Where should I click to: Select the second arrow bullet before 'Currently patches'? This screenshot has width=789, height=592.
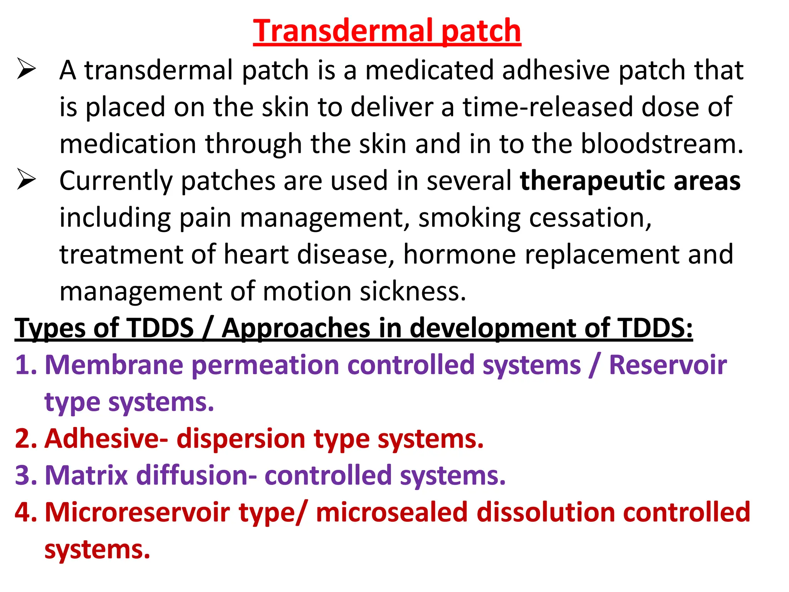(26, 180)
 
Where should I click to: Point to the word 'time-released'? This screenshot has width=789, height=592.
(547, 107)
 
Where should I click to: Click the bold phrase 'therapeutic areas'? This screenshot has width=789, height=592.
(630, 181)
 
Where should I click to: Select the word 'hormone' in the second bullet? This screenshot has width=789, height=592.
(459, 254)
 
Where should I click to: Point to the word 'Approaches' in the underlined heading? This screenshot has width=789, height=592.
(295, 328)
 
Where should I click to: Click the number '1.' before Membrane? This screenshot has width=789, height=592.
(26, 365)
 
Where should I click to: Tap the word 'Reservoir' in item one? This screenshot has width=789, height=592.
(668, 365)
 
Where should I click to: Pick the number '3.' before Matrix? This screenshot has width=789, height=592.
(26, 475)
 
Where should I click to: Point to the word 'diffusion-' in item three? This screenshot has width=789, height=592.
(196, 475)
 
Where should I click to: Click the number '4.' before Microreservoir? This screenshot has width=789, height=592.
(26, 512)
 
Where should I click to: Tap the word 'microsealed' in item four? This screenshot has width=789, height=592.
(392, 512)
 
